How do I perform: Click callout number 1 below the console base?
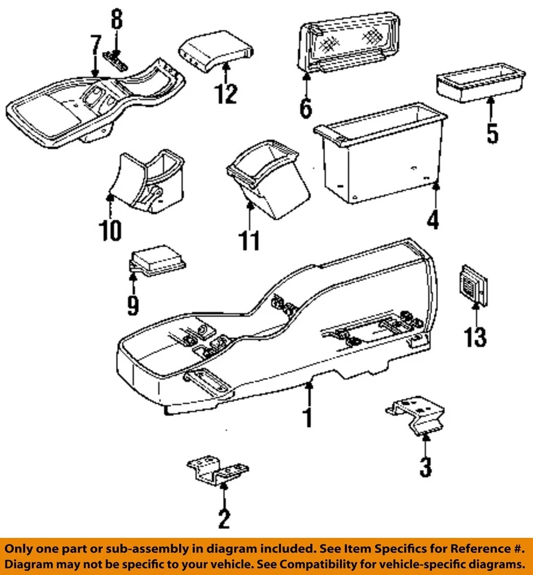307,416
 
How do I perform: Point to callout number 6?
305,108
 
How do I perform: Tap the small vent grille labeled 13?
473,283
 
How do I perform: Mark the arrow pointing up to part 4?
435,198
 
